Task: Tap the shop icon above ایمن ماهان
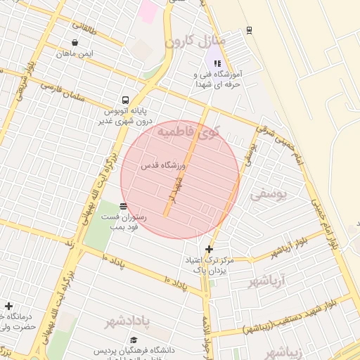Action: (x=75, y=43)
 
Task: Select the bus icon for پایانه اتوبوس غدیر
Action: (x=125, y=100)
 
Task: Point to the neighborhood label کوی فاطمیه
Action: (x=188, y=131)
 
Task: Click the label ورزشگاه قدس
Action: (x=162, y=165)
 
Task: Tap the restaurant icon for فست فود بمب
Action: (x=124, y=206)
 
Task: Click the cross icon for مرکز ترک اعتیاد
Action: (x=209, y=249)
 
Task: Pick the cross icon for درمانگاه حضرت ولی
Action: (x=8, y=307)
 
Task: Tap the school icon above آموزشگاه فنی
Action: (x=217, y=63)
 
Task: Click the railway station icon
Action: (x=249, y=30)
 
